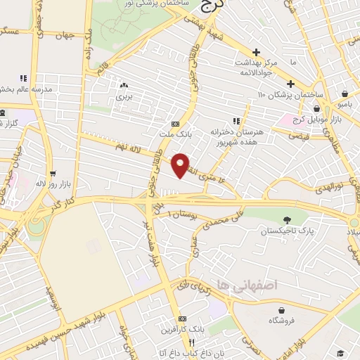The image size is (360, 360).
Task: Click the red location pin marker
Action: (x=181, y=165)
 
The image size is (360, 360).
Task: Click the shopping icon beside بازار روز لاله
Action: (x=52, y=173)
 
